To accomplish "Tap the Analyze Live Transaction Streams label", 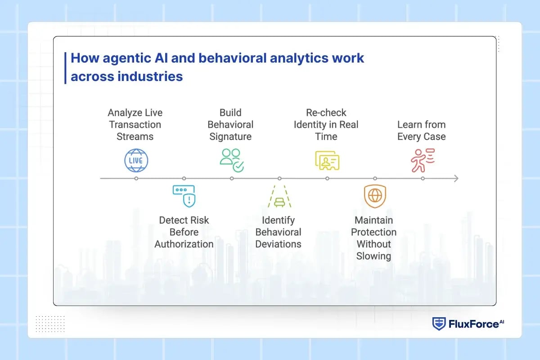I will (x=135, y=125).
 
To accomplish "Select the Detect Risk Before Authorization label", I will (x=184, y=232).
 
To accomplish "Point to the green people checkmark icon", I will (x=232, y=161).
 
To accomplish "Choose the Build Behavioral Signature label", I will (x=230, y=125).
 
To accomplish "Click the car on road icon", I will (x=279, y=197).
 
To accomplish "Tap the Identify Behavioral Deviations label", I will (x=279, y=232).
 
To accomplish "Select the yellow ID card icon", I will (x=327, y=161).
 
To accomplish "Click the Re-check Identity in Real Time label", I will (x=326, y=125).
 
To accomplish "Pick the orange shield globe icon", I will (x=374, y=196).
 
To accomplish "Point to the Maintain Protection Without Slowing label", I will (x=373, y=238).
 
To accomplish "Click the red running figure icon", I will (x=422, y=161).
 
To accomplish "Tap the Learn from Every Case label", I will (x=422, y=130).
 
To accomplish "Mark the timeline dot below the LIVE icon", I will (x=136, y=179).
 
